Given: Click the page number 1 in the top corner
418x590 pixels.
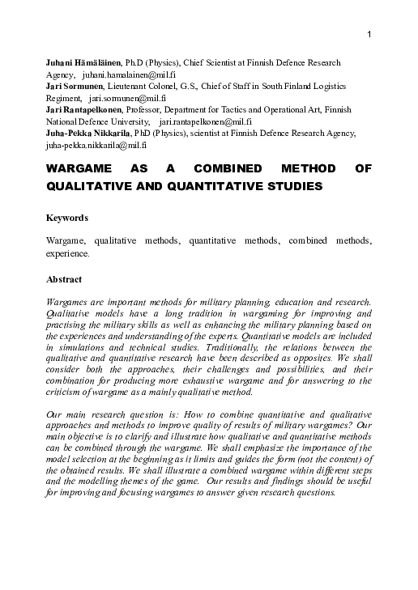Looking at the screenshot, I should click(x=369, y=34).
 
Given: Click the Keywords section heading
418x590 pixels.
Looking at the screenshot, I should click(x=66, y=219).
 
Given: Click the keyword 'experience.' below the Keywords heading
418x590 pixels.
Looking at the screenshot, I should click(x=67, y=253).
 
